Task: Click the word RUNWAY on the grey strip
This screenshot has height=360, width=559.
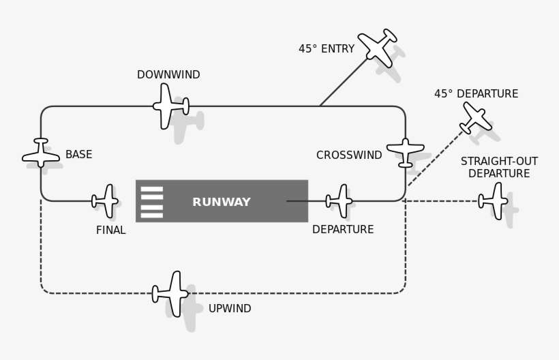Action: point(222,202)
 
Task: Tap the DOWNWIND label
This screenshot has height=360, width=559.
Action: point(168,75)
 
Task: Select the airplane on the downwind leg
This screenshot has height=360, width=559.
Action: point(170,106)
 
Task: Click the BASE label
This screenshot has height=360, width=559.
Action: point(78,155)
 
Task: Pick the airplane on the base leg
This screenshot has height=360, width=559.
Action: point(41,153)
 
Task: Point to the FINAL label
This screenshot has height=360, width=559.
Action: point(110,230)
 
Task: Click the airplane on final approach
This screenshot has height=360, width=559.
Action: point(106,201)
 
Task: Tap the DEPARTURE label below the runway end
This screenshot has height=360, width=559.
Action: point(343,230)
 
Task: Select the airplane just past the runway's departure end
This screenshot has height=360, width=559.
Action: point(340,201)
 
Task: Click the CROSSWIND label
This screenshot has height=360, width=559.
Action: point(349,155)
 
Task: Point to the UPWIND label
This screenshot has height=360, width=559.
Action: point(230,309)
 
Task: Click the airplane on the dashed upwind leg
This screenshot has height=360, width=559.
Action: point(170,294)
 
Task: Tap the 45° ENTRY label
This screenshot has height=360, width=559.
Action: point(327,49)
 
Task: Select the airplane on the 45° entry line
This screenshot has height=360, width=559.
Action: point(378,47)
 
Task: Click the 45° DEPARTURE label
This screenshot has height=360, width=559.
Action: point(476,94)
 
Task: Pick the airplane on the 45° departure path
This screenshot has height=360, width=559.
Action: point(475,118)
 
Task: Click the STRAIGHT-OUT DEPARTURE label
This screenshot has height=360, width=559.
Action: point(499,168)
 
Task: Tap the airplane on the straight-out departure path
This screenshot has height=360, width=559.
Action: point(494,201)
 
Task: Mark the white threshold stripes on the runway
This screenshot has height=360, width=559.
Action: point(152,202)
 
